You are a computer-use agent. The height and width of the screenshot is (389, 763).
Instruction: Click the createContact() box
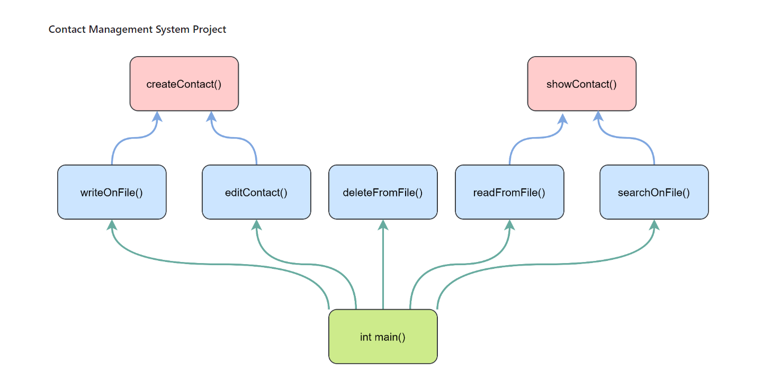pyautogui.click(x=184, y=84)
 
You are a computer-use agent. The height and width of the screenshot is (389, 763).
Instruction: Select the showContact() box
pyautogui.click(x=581, y=84)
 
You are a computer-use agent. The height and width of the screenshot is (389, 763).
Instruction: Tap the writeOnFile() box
pyautogui.click(x=112, y=192)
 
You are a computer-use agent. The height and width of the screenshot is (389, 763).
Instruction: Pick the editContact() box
pyautogui.click(x=256, y=192)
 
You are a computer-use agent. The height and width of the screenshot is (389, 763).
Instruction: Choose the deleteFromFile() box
pyautogui.click(x=383, y=192)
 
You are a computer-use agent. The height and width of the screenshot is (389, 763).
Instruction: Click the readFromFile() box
pyautogui.click(x=509, y=192)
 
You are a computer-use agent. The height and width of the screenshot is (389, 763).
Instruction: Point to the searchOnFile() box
pyautogui.click(x=654, y=192)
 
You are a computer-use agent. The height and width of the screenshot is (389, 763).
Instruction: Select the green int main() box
pyautogui.click(x=383, y=337)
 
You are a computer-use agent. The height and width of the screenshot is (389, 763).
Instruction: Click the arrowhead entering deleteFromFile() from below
pyautogui.click(x=383, y=225)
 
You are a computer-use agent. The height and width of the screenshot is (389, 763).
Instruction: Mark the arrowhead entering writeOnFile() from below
pyautogui.click(x=112, y=225)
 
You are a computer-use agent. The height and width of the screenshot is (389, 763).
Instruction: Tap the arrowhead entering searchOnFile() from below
pyautogui.click(x=654, y=225)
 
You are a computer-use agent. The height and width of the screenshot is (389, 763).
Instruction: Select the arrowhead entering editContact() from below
pyautogui.click(x=256, y=225)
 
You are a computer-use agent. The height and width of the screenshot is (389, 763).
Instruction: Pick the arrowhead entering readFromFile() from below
pyautogui.click(x=509, y=225)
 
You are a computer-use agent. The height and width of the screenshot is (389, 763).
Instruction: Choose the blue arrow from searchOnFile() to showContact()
pyautogui.click(x=633, y=138)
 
